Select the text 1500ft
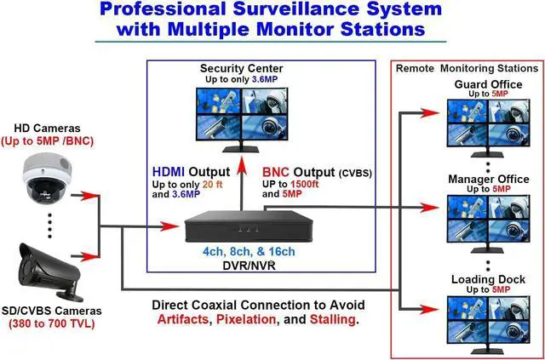(x=308, y=184)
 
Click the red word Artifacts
(x=184, y=320)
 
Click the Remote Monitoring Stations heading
(x=466, y=68)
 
